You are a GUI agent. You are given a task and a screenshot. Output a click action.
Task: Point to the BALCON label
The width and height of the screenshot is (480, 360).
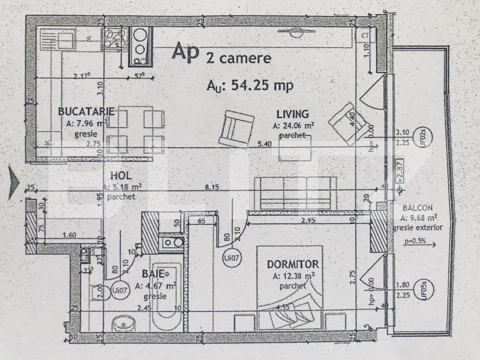tap(417, 207)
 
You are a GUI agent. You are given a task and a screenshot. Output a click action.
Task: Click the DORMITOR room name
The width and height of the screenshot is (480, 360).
tap(295, 265)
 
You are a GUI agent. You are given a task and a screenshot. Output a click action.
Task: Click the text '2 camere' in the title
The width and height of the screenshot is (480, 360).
tap(239, 58)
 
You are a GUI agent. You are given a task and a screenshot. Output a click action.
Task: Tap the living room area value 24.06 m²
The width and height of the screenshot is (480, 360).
tap(293, 125)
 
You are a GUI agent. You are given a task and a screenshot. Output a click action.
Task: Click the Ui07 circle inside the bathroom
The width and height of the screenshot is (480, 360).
tap(119, 289)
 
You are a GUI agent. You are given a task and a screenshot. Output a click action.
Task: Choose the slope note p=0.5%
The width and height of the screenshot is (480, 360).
tap(417, 240)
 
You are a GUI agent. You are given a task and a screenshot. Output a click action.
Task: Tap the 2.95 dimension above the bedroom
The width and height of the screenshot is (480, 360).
tap(307, 220)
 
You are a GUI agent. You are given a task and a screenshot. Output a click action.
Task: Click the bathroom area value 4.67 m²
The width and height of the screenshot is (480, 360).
tap(157, 285)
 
